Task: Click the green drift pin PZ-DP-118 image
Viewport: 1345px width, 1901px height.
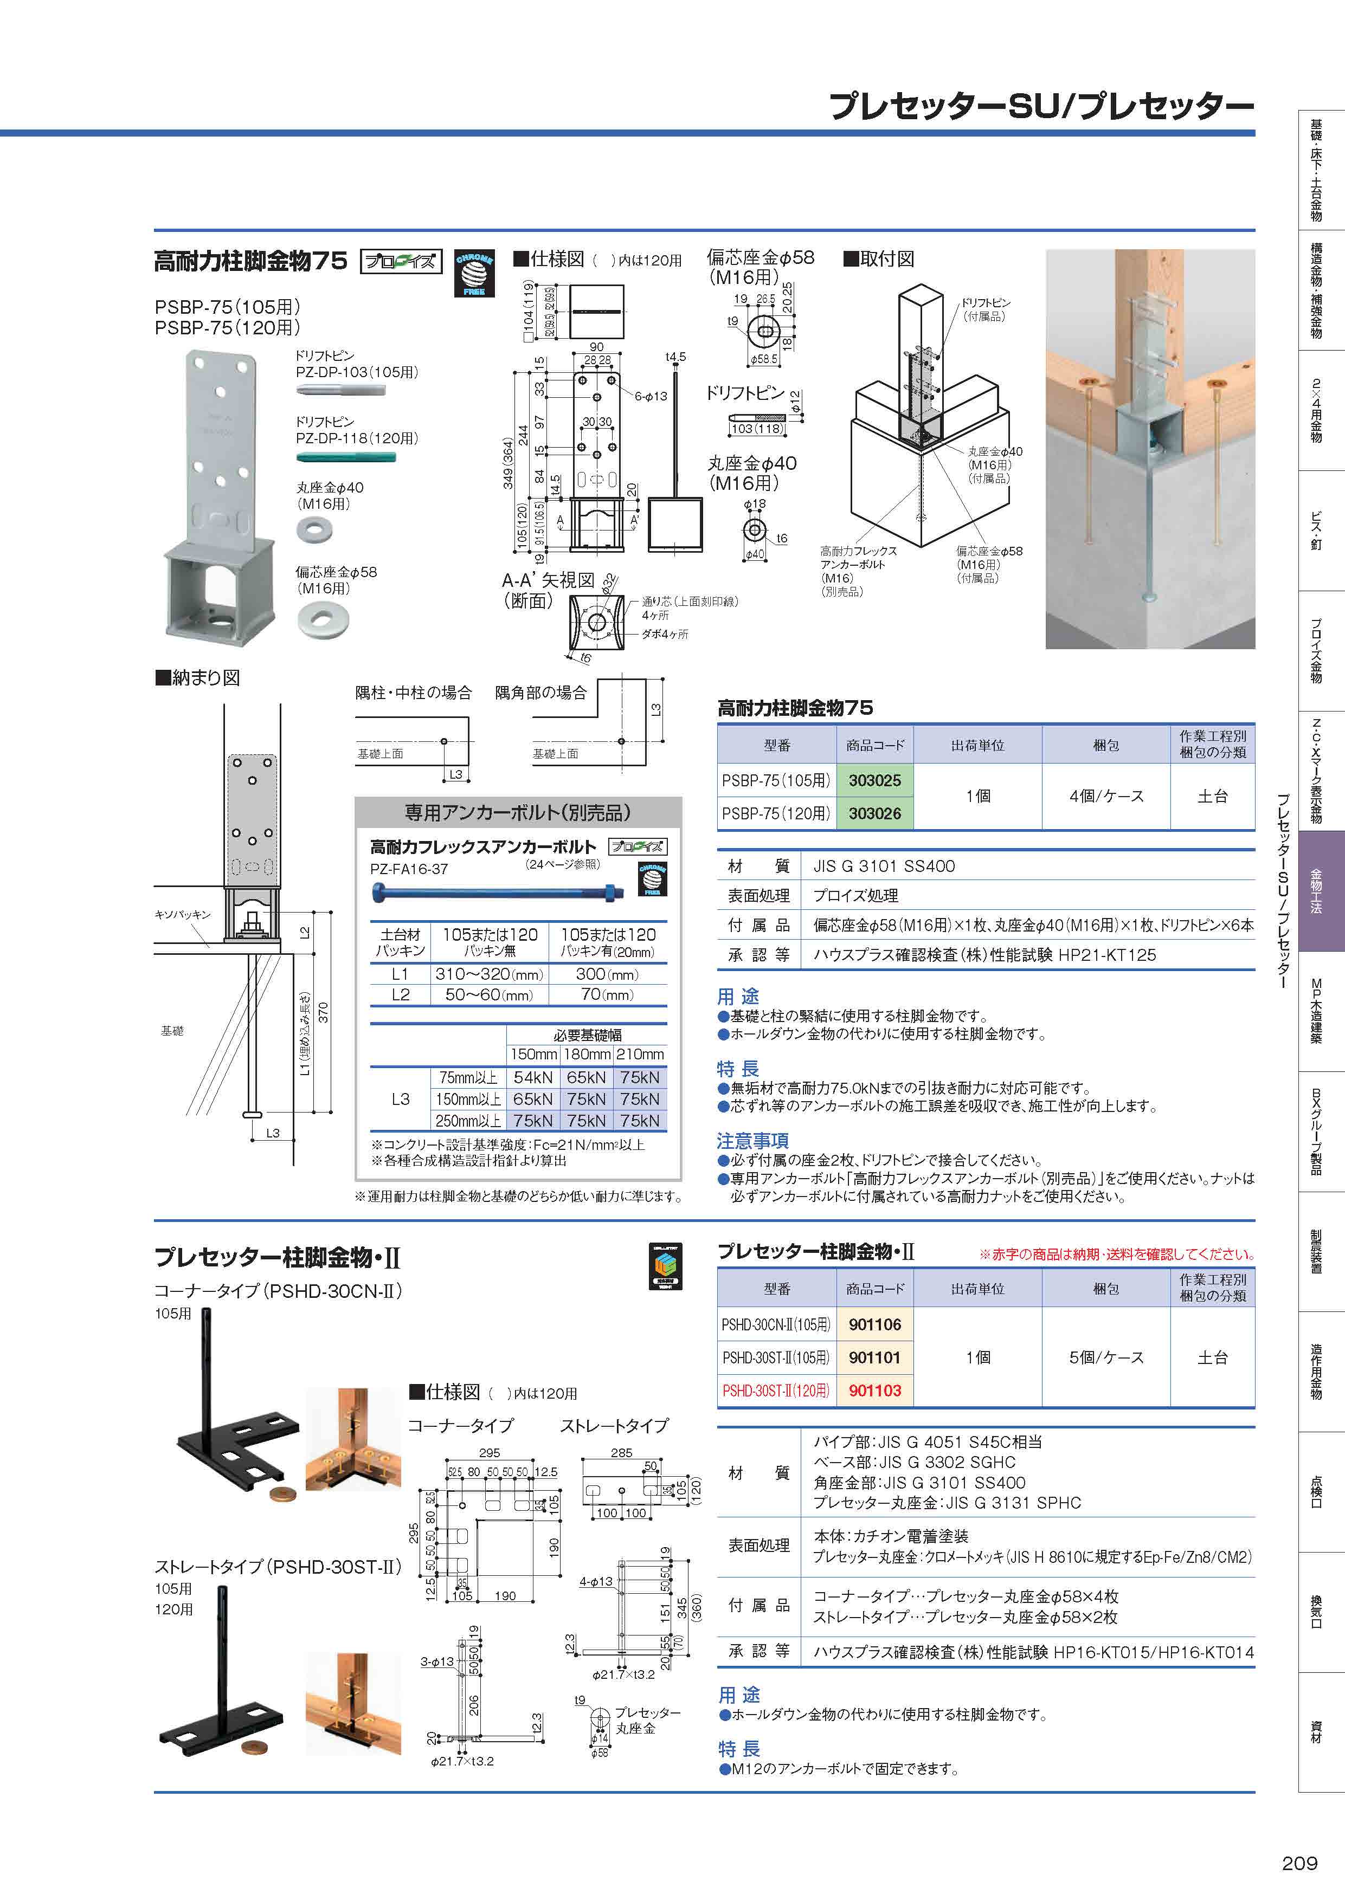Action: [x=346, y=457]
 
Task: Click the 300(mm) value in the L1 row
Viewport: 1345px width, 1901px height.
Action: [x=608, y=974]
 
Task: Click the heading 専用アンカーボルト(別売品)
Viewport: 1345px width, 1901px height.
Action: [x=518, y=812]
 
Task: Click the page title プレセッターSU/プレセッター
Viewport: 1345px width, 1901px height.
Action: [x=1040, y=107]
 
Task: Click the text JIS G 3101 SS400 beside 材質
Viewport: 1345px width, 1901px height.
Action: [x=884, y=866]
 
